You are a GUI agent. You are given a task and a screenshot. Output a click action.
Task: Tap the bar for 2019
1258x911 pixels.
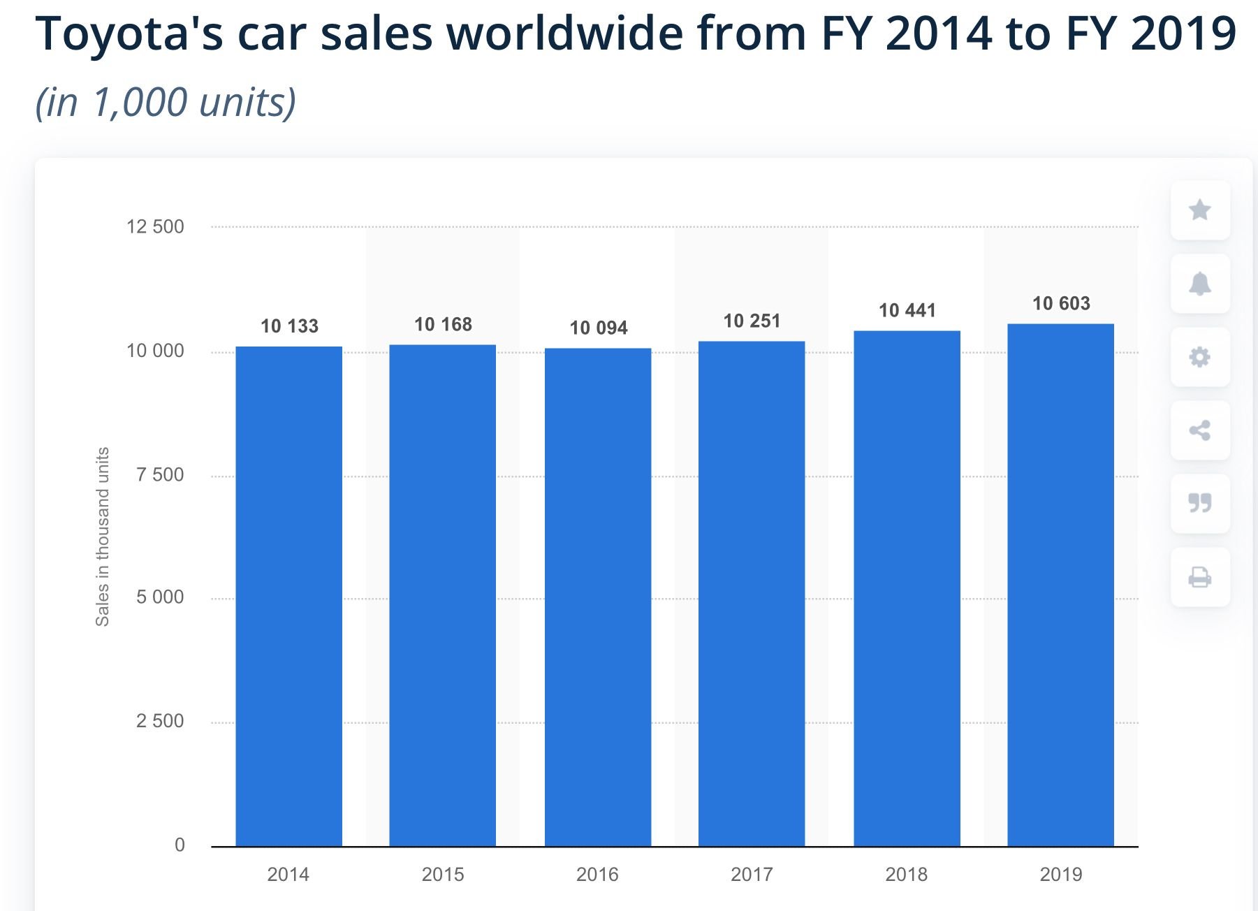click(x=1060, y=585)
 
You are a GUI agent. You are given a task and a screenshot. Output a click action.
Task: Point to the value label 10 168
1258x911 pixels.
click(x=443, y=324)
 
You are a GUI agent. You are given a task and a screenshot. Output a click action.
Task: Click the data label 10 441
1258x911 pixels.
click(x=907, y=310)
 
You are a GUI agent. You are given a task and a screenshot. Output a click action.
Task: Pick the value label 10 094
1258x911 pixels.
click(x=599, y=328)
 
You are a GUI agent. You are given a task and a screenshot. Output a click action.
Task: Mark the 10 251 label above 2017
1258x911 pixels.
click(x=752, y=321)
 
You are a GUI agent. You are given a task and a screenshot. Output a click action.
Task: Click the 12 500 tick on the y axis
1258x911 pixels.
click(x=155, y=226)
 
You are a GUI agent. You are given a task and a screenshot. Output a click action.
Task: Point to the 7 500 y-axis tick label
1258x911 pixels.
click(x=160, y=475)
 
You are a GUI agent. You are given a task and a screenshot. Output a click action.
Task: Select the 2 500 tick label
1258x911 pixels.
click(x=160, y=721)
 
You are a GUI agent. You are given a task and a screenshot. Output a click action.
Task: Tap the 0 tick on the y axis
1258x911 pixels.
click(x=180, y=845)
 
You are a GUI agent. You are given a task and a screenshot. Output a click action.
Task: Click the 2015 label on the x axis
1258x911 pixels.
click(x=443, y=874)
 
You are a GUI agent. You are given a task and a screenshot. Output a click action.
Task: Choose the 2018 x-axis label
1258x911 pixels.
click(x=906, y=874)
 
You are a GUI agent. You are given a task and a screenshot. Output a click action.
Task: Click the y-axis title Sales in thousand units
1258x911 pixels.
click(x=103, y=537)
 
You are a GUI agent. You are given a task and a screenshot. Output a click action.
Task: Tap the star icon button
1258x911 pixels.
click(x=1199, y=210)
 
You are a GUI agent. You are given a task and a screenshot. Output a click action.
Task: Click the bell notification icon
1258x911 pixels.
click(x=1199, y=284)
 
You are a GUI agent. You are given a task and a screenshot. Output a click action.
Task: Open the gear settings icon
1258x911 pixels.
click(x=1199, y=357)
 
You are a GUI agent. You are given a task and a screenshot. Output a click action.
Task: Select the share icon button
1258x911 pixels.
click(x=1199, y=430)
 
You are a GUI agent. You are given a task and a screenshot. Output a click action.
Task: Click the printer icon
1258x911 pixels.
click(x=1199, y=577)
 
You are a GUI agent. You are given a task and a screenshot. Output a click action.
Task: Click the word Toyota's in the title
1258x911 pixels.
click(x=129, y=33)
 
